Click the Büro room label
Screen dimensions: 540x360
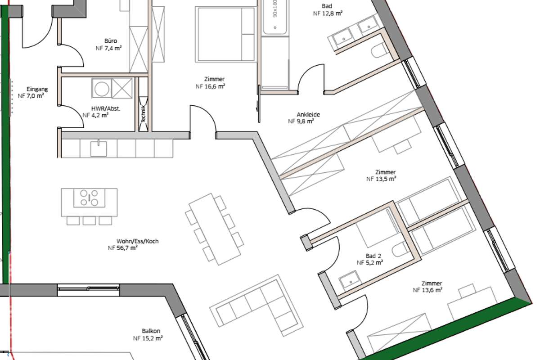[x=111, y=41]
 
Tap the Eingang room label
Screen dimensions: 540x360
[x=37, y=89]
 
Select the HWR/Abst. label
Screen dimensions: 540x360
[x=106, y=108]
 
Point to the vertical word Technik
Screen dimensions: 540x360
[x=143, y=113]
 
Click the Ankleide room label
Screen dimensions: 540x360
[x=308, y=115]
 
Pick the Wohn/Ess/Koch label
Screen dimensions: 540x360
[x=137, y=241]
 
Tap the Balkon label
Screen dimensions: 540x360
[x=151, y=331]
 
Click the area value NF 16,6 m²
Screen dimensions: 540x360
[x=210, y=86]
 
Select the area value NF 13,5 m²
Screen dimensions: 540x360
[x=381, y=179]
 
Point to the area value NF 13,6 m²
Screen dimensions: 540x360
[x=427, y=290]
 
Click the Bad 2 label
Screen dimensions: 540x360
[x=373, y=256]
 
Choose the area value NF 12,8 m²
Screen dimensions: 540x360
[x=328, y=13]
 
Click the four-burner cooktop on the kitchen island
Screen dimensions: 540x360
[x=89, y=198]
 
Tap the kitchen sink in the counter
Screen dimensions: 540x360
[x=99, y=149]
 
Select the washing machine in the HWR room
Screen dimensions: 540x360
[x=102, y=88]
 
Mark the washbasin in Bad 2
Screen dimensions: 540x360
[x=349, y=281]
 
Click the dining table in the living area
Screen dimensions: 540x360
[x=215, y=229]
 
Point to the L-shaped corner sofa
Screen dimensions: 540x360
[x=256, y=305]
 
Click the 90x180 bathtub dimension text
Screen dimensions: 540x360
[x=275, y=9]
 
